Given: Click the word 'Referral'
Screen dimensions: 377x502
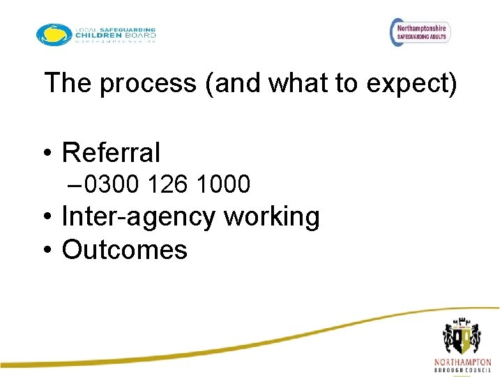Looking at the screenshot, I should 111,152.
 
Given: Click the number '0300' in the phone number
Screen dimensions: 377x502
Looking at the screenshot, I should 112,185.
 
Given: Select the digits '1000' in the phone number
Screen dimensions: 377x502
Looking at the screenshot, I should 223,185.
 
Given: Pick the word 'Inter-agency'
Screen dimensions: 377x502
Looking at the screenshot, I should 139,217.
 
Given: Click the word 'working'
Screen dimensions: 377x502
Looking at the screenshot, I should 272,217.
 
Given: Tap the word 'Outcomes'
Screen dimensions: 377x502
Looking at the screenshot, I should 125,249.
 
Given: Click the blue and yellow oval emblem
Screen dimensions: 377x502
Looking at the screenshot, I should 54,34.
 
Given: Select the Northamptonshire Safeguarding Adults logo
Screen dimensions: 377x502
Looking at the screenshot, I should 420,31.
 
